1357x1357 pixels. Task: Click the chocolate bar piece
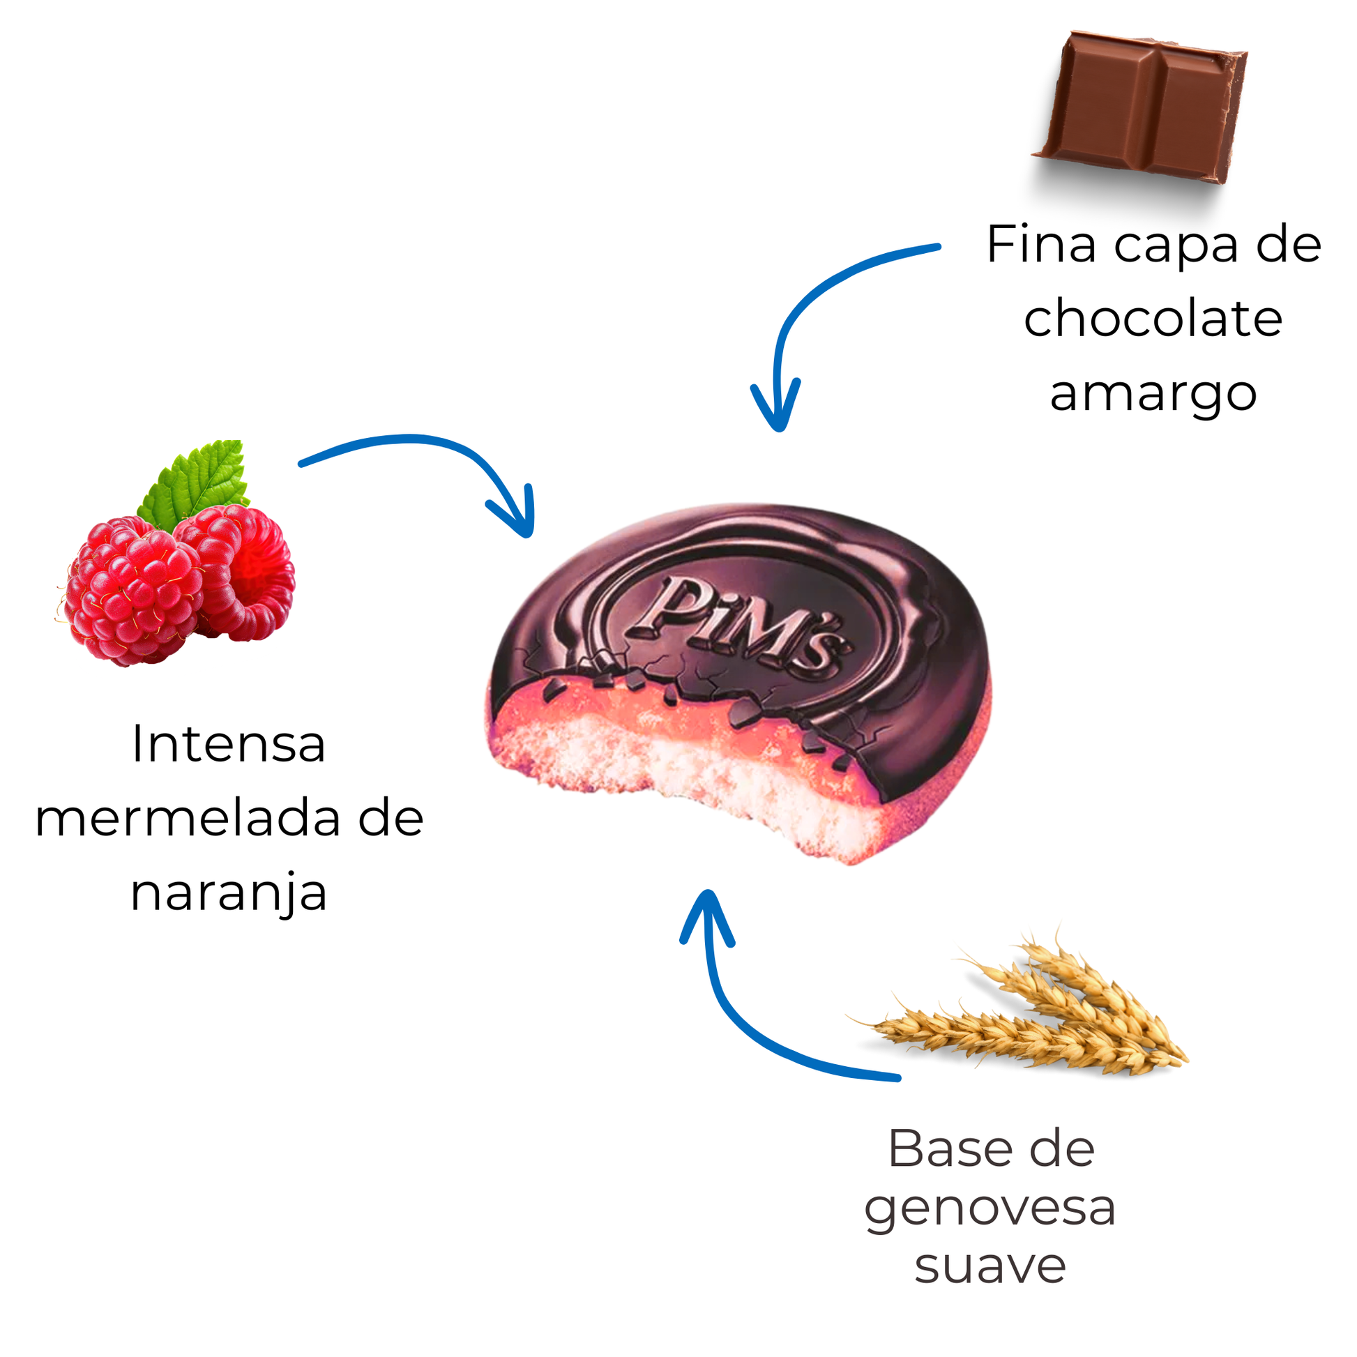tap(1142, 105)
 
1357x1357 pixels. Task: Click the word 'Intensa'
tap(228, 744)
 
